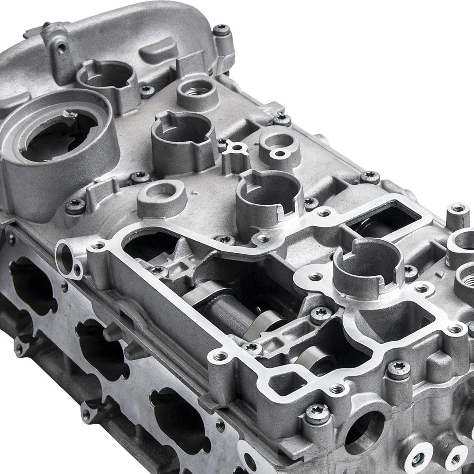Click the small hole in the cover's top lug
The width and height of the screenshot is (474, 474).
[61, 47]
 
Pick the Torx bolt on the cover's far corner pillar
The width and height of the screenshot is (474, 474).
[221, 30]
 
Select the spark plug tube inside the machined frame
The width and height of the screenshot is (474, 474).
[367, 265]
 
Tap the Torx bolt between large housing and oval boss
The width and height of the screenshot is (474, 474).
[140, 177]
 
